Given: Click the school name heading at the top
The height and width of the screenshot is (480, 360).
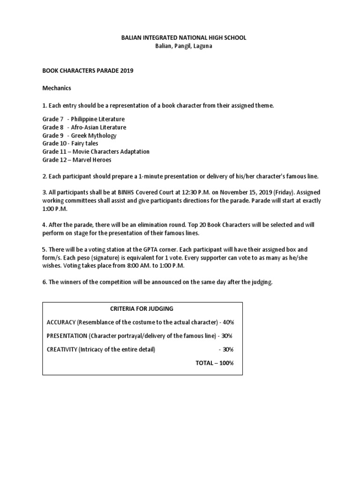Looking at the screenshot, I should (x=180, y=37).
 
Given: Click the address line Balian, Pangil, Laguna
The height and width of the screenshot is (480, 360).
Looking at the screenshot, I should (x=180, y=46).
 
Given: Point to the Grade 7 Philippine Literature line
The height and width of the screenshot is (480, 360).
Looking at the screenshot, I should (x=83, y=119).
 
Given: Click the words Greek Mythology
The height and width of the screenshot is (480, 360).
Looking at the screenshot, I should (x=94, y=135).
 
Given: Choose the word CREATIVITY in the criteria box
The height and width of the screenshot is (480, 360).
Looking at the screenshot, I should (x=62, y=349).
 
